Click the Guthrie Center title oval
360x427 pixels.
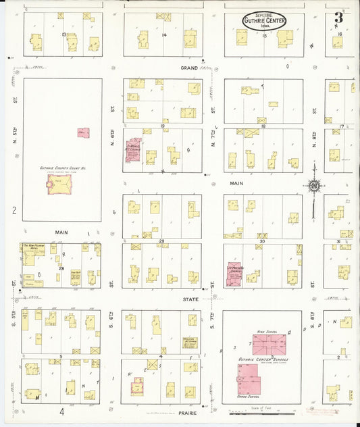point(264,21)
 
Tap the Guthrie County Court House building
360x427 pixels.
point(59,184)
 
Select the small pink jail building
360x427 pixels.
point(83,133)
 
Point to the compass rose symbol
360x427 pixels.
point(313,186)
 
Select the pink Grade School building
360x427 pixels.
point(249,384)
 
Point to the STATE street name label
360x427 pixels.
point(191,299)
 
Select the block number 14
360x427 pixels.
point(163,34)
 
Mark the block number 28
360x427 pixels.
point(61,269)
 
